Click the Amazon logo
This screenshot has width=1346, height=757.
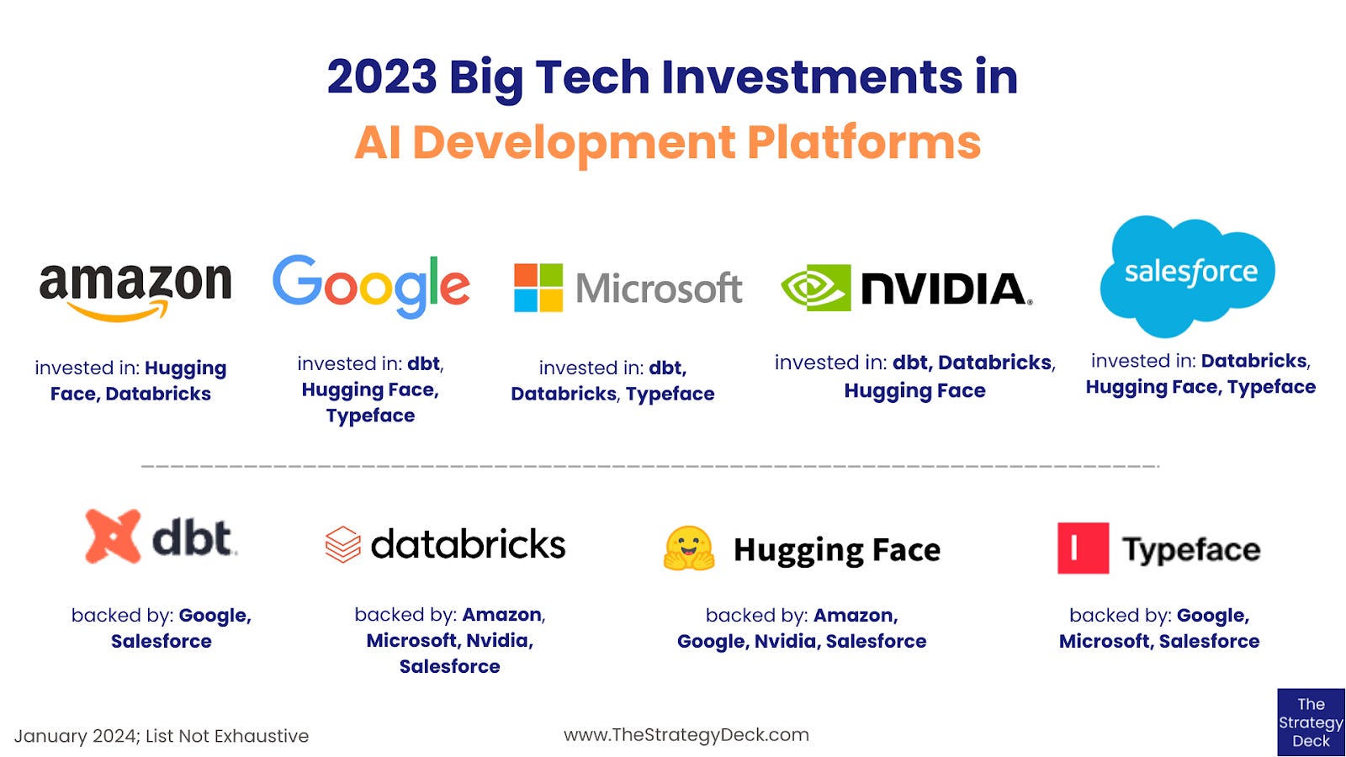click(135, 289)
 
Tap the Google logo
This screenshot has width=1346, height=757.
click(371, 286)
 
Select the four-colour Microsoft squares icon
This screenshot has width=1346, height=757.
click(538, 288)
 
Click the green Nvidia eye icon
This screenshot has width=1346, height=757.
click(815, 288)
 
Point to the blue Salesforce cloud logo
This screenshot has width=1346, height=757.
click(1189, 274)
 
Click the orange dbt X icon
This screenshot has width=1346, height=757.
click(113, 536)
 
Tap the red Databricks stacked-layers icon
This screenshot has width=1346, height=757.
click(342, 544)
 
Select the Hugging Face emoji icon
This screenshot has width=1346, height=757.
click(689, 548)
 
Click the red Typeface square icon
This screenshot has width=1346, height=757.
click(1083, 548)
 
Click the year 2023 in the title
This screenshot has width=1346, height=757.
click(382, 77)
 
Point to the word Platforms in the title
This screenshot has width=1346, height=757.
click(864, 142)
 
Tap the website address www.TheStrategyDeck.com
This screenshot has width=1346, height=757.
click(686, 734)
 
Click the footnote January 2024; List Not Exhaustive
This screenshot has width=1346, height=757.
click(162, 736)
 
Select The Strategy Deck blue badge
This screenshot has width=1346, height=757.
click(1311, 723)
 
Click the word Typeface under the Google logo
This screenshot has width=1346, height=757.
click(370, 416)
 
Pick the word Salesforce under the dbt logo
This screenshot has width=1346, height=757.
click(162, 641)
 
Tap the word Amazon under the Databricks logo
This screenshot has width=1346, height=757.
click(501, 615)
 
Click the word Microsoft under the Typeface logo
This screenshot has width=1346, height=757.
click(1104, 641)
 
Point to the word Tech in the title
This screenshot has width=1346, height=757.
click(592, 77)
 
